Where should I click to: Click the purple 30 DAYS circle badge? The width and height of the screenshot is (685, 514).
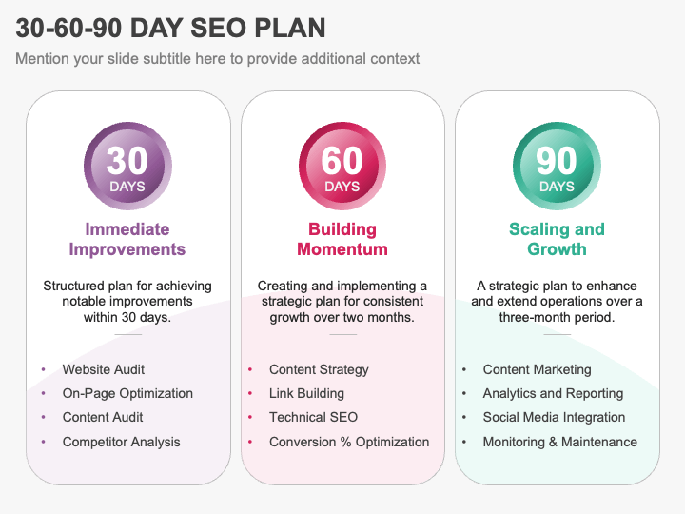click(x=127, y=166)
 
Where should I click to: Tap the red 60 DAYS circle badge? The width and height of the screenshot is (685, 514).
click(x=342, y=166)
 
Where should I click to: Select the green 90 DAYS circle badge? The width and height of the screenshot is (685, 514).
click(x=557, y=166)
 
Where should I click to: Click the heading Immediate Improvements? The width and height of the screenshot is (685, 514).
click(x=127, y=239)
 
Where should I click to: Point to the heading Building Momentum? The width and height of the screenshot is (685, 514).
click(x=342, y=239)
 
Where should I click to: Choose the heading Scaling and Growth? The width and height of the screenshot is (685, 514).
click(x=557, y=239)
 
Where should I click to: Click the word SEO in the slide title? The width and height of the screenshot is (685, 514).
click(x=219, y=28)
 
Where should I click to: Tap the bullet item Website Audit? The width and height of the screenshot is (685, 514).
click(x=104, y=369)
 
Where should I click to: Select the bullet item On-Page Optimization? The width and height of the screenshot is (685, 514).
click(x=127, y=394)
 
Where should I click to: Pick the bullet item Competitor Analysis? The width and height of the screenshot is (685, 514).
click(x=122, y=442)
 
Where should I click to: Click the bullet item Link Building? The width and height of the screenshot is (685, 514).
click(x=306, y=393)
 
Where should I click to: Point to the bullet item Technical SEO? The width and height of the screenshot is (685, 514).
click(x=314, y=418)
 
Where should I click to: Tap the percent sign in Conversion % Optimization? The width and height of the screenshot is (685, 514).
click(x=345, y=442)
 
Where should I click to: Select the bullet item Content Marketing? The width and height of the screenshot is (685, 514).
click(x=538, y=369)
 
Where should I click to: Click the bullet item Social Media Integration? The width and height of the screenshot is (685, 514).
click(x=554, y=418)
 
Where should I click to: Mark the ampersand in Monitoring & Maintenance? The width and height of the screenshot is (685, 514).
click(x=553, y=442)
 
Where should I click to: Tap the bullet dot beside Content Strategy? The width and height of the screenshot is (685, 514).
click(x=250, y=369)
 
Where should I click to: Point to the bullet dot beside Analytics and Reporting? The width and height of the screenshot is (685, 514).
click(x=464, y=394)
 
